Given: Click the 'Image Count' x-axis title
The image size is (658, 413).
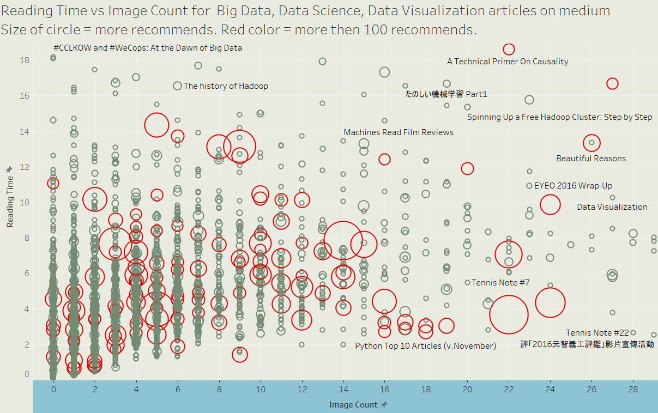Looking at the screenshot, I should [x=354, y=405].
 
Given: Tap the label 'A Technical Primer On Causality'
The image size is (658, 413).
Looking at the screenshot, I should [x=508, y=62].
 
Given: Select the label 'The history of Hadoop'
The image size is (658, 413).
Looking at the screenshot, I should [x=226, y=86].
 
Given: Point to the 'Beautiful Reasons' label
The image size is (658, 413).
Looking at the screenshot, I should [x=591, y=159].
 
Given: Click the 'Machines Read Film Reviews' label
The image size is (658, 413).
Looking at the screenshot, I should [x=399, y=132].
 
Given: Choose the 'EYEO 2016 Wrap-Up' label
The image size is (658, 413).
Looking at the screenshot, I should [x=573, y=186].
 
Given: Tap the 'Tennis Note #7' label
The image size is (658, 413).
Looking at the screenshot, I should [x=500, y=283].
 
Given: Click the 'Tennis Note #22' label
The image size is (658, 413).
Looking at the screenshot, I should [x=597, y=332].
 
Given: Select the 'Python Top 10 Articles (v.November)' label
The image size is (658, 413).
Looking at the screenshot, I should [x=425, y=346].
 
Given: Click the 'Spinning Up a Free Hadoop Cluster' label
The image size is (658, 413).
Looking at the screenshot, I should [x=559, y=117].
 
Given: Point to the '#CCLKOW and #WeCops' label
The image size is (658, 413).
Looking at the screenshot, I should [x=148, y=48].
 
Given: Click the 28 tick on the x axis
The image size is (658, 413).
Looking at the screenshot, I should [x=633, y=390].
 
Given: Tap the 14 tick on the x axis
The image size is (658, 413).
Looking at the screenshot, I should [x=343, y=390].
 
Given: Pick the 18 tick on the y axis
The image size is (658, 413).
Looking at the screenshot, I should [x=25, y=60].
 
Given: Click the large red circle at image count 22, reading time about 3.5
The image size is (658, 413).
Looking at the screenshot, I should [x=509, y=314].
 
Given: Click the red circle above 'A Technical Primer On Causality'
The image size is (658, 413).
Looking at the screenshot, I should [x=509, y=49].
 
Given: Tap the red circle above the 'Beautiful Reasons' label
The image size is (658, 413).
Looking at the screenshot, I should [x=591, y=143].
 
